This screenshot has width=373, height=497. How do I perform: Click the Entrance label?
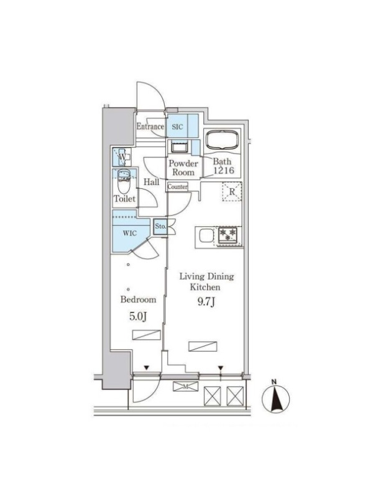click(x=150, y=127)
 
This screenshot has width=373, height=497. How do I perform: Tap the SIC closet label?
click(x=177, y=127)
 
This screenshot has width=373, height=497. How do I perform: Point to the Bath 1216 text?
click(x=223, y=166)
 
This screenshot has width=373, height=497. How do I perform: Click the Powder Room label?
click(x=183, y=168)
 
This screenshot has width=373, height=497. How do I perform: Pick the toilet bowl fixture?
click(x=123, y=181)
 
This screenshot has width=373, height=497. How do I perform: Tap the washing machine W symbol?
click(x=122, y=157)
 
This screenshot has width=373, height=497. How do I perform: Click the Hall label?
click(x=151, y=182)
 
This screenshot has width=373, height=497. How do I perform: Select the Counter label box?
click(x=178, y=187)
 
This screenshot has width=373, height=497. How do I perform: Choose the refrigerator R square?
click(x=232, y=192)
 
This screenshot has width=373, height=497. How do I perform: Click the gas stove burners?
click(x=228, y=235)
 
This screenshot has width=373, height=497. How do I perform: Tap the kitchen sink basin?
click(x=206, y=235)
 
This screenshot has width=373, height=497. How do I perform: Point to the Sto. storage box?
click(x=160, y=227)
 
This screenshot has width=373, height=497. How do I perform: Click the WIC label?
click(x=130, y=234)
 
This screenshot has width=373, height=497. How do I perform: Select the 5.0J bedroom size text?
click(x=138, y=317)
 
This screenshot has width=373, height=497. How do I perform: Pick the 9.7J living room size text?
click(x=206, y=302)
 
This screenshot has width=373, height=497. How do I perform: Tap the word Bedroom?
click(x=138, y=299)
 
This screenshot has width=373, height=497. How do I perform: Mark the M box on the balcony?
click(x=185, y=386)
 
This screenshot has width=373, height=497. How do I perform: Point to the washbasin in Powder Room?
click(x=179, y=147)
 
